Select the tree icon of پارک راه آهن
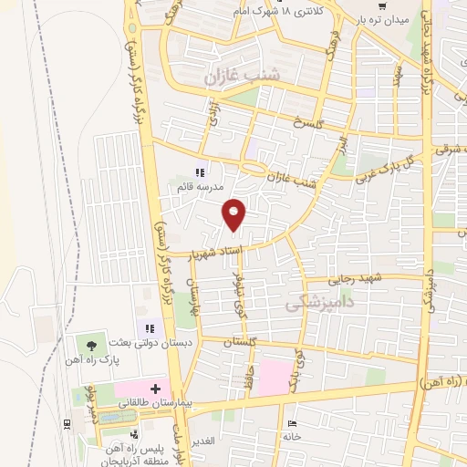(90, 344)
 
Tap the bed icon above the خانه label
(292, 424)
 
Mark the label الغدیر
(202, 441)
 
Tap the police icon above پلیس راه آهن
(134, 434)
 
